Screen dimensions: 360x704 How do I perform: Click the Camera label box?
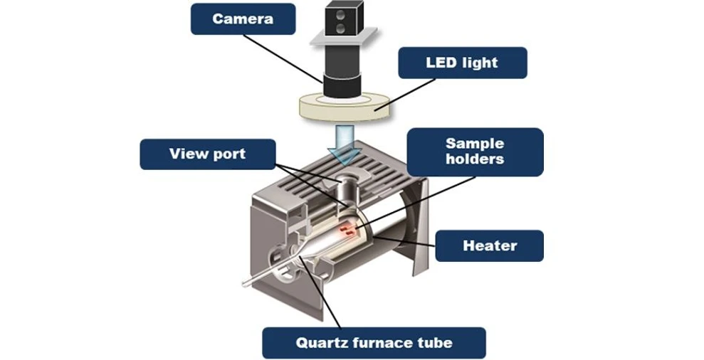242,18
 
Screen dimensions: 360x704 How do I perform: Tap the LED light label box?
462,63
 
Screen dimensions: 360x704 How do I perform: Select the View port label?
207,154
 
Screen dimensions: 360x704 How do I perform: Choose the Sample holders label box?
475,151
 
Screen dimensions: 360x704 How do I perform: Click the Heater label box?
489,246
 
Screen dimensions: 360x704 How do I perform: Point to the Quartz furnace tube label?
374,343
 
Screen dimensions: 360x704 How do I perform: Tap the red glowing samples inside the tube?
347,228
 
